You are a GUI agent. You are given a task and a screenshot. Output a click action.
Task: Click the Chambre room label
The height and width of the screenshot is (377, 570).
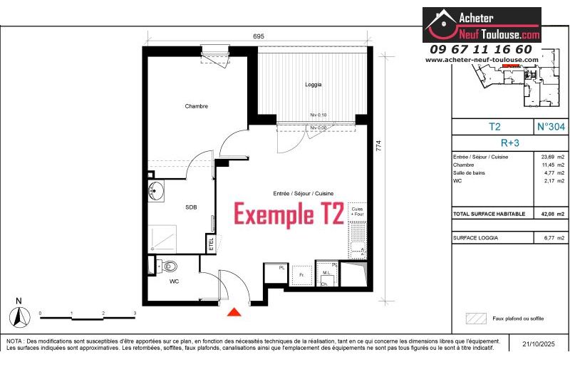[x=196, y=106]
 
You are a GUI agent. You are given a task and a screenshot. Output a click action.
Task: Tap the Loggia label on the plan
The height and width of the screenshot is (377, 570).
[x=313, y=84]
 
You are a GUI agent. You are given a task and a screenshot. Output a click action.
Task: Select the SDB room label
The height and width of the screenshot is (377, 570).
[x=191, y=207]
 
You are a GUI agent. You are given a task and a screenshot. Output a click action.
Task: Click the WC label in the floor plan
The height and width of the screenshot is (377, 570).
[x=174, y=282]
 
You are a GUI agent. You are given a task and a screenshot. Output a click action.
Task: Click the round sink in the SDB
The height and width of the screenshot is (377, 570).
[x=156, y=190]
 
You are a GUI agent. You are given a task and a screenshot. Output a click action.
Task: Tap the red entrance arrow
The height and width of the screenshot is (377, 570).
[x=234, y=311]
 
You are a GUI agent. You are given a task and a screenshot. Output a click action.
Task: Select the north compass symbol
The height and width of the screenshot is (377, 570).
[x=19, y=314]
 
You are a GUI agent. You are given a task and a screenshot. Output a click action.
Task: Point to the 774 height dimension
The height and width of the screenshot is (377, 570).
[x=379, y=145]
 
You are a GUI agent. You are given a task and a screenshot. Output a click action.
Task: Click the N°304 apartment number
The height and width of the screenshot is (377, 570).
[x=551, y=127]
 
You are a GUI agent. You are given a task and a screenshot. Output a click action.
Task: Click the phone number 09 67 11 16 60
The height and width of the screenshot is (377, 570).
[x=481, y=49]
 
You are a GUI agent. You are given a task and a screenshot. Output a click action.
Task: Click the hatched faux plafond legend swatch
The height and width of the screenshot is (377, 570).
[x=475, y=319]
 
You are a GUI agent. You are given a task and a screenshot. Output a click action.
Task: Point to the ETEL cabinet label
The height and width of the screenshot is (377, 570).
[x=211, y=244]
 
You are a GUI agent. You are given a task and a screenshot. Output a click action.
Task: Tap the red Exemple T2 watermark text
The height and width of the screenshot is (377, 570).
[x=289, y=213]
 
